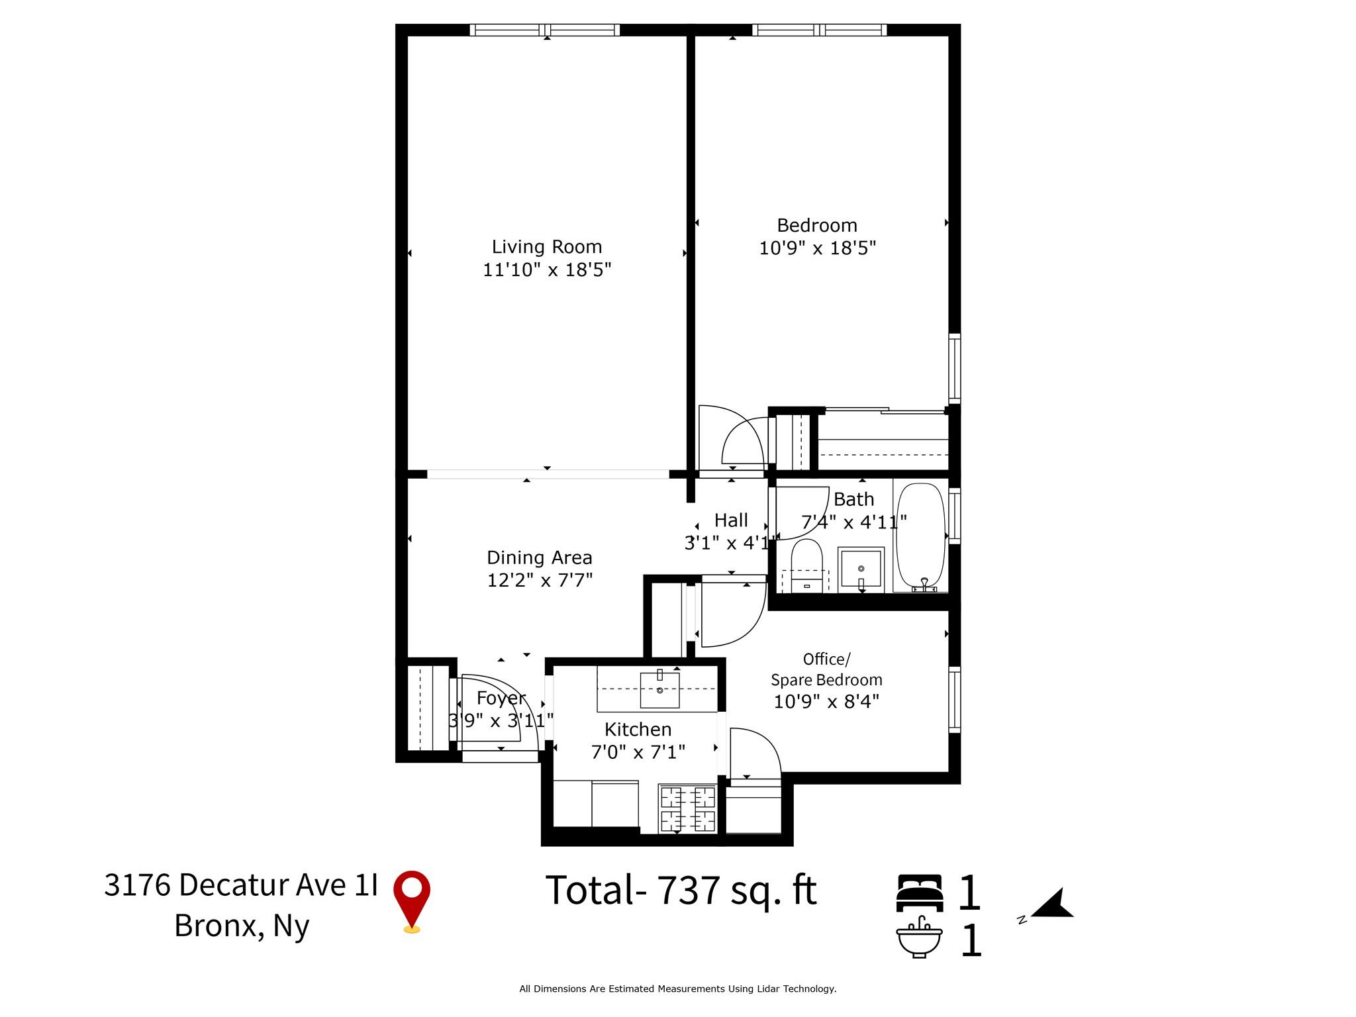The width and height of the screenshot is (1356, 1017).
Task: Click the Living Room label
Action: [x=546, y=247]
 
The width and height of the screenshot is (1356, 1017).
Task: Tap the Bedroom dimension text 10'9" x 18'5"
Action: [x=817, y=248]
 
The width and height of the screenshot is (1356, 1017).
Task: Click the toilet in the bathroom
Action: [x=806, y=563]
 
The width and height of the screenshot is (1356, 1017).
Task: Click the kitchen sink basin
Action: [x=659, y=689]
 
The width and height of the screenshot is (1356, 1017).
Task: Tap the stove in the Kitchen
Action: [x=687, y=808]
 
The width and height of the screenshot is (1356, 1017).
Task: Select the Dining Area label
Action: [x=539, y=557]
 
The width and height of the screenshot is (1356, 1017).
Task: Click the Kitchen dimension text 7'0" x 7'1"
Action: [x=638, y=752]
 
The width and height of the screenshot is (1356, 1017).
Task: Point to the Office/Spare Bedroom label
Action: [x=826, y=669]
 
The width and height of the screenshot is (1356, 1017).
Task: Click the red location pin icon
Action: [x=412, y=899]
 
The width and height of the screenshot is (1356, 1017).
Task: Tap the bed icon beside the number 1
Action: [x=920, y=893]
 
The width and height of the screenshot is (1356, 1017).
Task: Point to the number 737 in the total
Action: [x=688, y=891]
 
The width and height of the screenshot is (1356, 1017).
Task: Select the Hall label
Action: [x=731, y=520]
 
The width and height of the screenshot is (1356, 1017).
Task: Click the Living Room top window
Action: [x=545, y=30]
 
